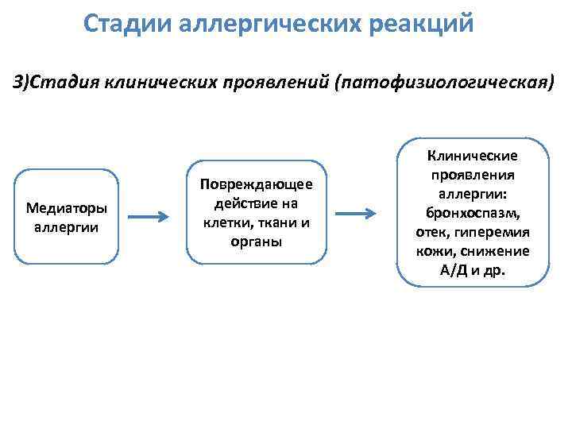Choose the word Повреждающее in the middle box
[x=256, y=184]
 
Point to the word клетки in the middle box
[x=225, y=222]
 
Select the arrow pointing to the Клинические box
[x=354, y=214]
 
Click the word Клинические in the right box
[x=472, y=156]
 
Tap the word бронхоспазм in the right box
[x=472, y=214]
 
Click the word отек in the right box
[x=429, y=233]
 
